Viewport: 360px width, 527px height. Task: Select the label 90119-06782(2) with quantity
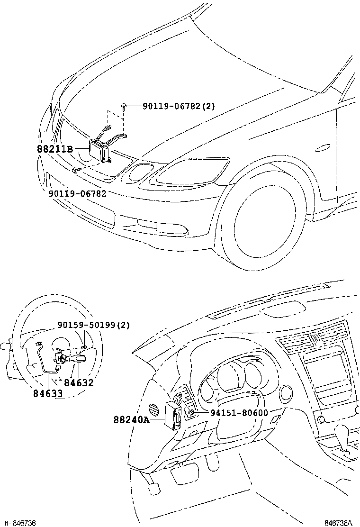(x=179, y=107)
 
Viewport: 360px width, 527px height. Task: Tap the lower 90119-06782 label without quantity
(x=78, y=193)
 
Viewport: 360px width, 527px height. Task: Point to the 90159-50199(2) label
(x=93, y=325)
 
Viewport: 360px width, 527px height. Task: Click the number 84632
(x=79, y=383)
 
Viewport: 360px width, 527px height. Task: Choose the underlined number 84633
(x=48, y=393)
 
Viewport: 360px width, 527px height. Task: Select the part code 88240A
(x=131, y=419)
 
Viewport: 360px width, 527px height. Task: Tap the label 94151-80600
(x=239, y=413)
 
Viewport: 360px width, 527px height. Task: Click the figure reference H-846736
(x=18, y=523)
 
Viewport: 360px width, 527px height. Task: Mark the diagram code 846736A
(x=338, y=523)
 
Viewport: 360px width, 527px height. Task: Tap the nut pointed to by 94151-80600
(x=190, y=413)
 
